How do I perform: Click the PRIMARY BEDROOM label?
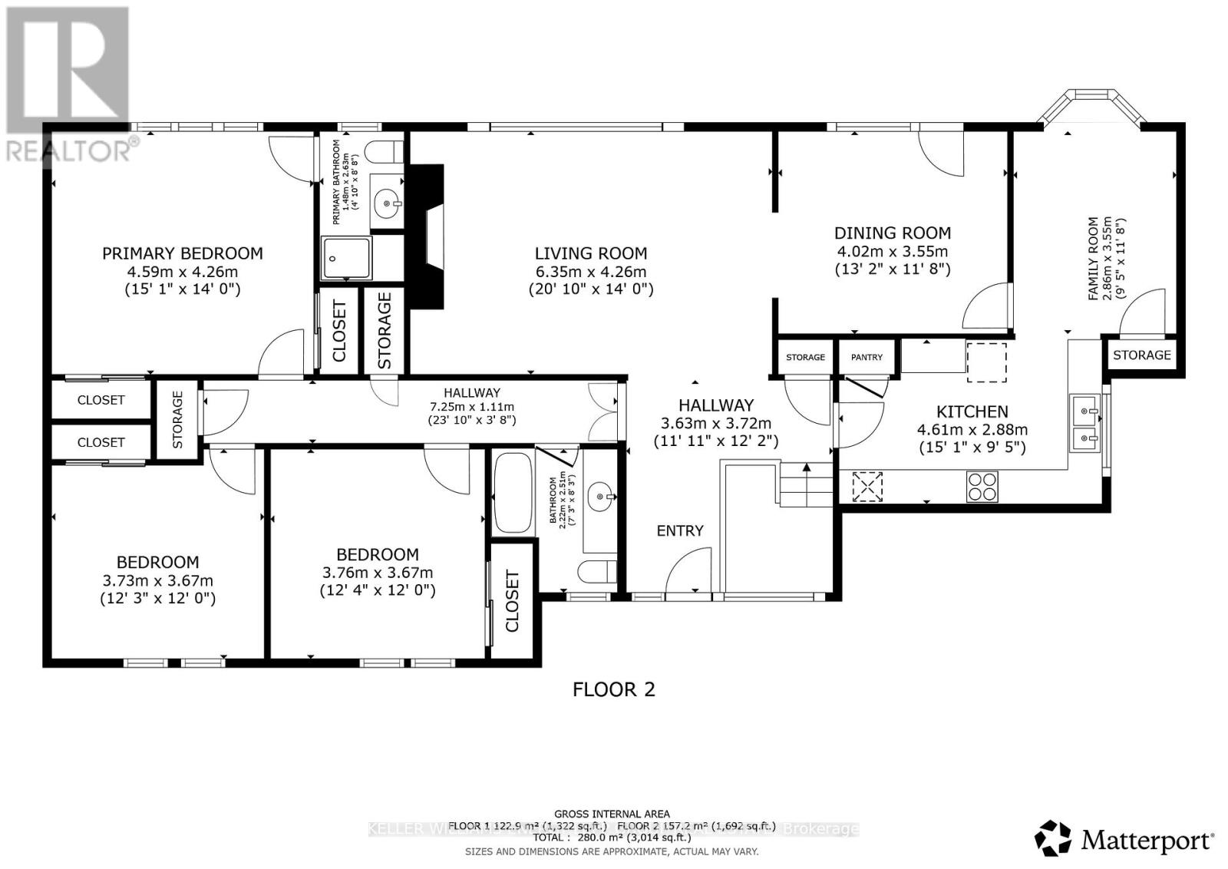click(x=183, y=253)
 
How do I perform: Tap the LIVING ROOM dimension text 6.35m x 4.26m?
click(x=591, y=272)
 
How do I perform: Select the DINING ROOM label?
click(x=893, y=233)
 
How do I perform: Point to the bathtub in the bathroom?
click(x=513, y=494)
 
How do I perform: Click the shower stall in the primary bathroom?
click(x=347, y=258)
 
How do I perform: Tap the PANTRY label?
click(x=867, y=357)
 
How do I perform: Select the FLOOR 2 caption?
click(x=614, y=689)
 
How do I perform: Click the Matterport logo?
click(x=1125, y=838)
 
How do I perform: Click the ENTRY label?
click(x=680, y=530)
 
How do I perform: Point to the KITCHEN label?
click(x=972, y=411)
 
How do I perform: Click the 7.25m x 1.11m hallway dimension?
click(x=471, y=407)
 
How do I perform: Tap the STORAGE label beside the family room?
click(x=1142, y=355)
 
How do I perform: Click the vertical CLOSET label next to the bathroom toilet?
click(x=512, y=601)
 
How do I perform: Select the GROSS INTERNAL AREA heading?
click(x=612, y=814)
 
